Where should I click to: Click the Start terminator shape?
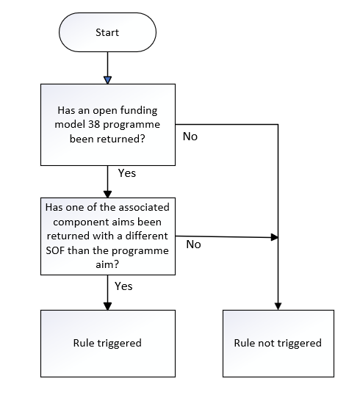(x=108, y=32)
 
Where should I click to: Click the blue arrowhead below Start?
(x=108, y=80)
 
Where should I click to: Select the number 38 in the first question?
(x=94, y=124)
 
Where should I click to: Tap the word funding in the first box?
(x=139, y=111)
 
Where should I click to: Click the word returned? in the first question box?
(x=120, y=139)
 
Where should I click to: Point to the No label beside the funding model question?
(x=190, y=137)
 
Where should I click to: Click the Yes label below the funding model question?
(x=127, y=173)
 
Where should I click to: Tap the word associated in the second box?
(x=144, y=207)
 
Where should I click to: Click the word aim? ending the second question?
(x=107, y=264)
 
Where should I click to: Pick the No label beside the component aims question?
(x=193, y=244)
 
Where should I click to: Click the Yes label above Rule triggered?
(x=123, y=286)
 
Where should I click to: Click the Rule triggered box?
(x=108, y=344)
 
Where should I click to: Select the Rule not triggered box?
(x=278, y=344)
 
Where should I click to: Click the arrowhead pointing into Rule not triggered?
(x=278, y=306)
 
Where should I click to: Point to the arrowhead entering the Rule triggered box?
(x=108, y=306)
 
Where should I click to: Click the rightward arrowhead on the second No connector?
(x=274, y=237)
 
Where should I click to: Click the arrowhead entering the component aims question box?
(x=108, y=194)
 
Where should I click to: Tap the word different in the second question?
(x=146, y=236)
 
